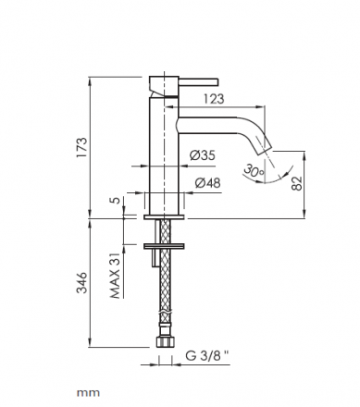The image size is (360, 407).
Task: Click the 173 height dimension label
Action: (82, 148)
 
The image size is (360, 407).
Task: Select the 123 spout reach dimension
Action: (214, 99)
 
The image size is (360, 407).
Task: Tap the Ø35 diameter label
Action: (203, 155)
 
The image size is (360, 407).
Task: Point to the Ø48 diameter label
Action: (208, 183)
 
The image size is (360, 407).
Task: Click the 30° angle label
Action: (254, 171)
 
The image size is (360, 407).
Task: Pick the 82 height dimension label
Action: (297, 184)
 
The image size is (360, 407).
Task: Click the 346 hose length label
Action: (82, 283)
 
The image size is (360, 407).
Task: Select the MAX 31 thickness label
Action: (116, 277)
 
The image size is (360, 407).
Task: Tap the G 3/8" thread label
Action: (207, 356)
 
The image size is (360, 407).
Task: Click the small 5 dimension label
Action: (116, 200)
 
